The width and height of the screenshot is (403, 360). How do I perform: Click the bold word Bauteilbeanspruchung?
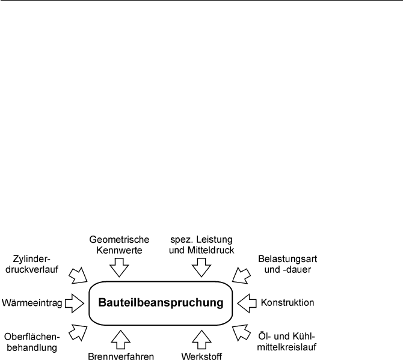[x=161, y=302]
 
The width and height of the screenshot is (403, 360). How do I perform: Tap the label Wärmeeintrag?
[x=32, y=303]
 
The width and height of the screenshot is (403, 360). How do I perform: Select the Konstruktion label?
[x=288, y=302]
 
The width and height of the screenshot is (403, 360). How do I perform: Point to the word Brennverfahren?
[x=121, y=356]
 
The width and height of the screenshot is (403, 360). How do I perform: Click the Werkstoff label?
[x=202, y=356]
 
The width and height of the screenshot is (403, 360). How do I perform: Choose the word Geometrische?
[x=119, y=240]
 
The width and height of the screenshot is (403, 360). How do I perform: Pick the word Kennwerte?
[x=119, y=250]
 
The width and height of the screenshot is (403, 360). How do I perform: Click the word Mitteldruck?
[x=211, y=250]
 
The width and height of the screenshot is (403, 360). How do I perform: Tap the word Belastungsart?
[x=288, y=259]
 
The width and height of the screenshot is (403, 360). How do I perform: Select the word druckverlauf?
[x=32, y=269]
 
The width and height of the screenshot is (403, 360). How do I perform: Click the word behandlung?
[x=32, y=347]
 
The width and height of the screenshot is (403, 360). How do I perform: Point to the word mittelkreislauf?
[x=286, y=347]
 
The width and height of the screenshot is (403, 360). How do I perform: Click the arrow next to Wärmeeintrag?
[x=74, y=304]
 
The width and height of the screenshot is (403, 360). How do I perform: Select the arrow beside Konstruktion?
[x=247, y=304]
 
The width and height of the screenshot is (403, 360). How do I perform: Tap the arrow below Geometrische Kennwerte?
[x=119, y=267]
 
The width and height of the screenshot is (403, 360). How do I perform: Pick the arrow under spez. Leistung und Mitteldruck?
[x=202, y=267]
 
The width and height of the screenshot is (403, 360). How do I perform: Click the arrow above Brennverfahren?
[x=120, y=340]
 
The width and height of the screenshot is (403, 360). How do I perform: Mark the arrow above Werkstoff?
[x=202, y=340]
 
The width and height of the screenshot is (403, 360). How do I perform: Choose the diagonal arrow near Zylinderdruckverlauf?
[x=78, y=276]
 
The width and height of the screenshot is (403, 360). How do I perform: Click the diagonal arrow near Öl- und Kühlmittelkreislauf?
[x=241, y=333]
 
